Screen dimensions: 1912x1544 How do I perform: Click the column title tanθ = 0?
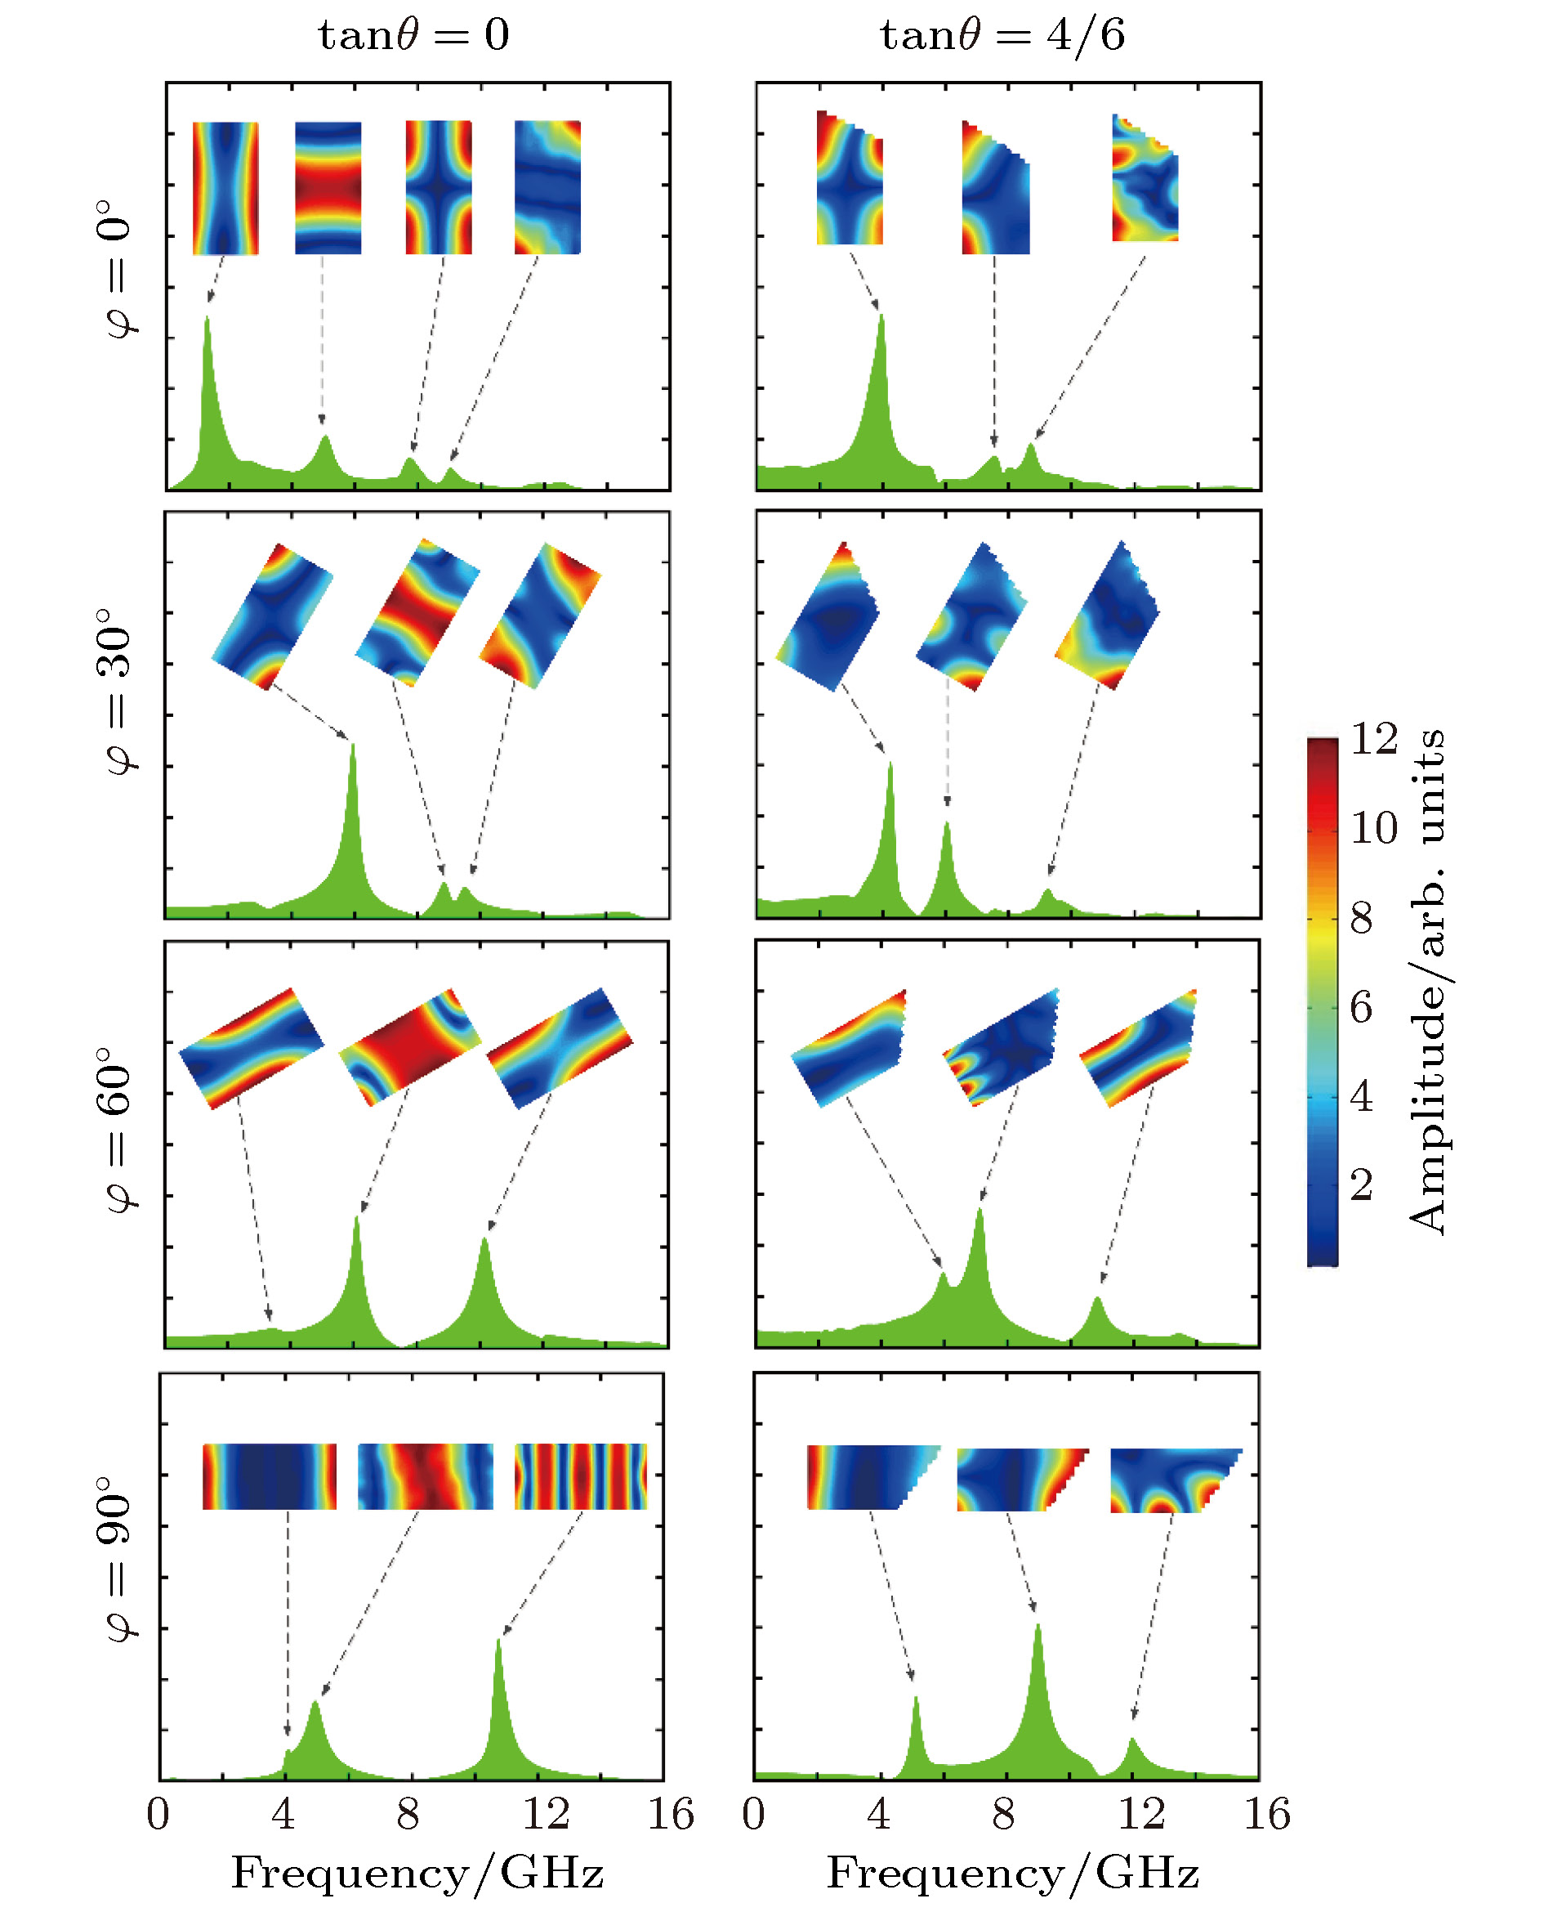(413, 36)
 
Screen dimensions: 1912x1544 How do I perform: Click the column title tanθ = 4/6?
(1002, 36)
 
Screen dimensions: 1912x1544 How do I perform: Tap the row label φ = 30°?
(118, 692)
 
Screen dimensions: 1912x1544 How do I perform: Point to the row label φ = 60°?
(118, 1129)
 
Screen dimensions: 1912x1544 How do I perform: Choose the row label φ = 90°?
(118, 1559)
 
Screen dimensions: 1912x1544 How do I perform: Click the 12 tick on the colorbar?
(1374, 739)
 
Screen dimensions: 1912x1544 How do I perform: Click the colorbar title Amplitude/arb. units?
(1427, 983)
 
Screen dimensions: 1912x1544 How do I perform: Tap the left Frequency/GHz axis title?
(417, 1873)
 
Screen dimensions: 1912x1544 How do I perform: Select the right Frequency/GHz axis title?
(1013, 1873)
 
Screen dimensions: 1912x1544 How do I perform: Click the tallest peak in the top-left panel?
(208, 320)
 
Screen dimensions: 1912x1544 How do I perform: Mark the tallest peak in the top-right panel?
(881, 319)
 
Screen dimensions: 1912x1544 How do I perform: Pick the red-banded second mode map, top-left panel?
(328, 188)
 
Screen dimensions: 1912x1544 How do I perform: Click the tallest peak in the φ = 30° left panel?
(353, 747)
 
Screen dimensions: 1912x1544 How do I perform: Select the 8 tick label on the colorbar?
(1362, 918)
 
